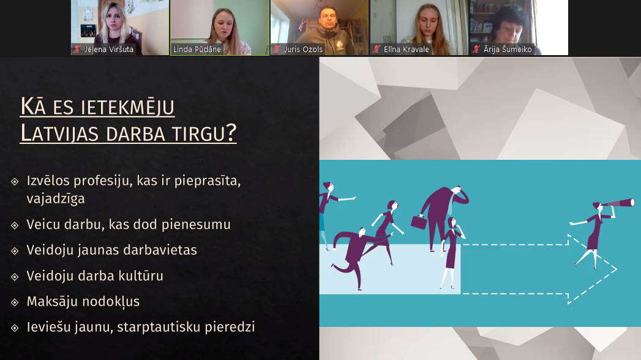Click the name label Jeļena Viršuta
[109, 50]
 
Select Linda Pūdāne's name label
[197, 50]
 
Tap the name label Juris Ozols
[303, 50]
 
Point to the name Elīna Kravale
[407, 50]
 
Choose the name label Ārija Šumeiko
[508, 50]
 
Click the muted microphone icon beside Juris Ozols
[277, 50]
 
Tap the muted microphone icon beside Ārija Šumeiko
[476, 50]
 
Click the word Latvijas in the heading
[59, 133]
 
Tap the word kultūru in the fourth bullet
[141, 276]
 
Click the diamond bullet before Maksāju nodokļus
[15, 302]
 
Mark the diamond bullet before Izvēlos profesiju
[15, 181]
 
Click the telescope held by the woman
[618, 204]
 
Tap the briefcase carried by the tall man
[419, 222]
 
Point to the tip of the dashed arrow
[617, 269]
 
